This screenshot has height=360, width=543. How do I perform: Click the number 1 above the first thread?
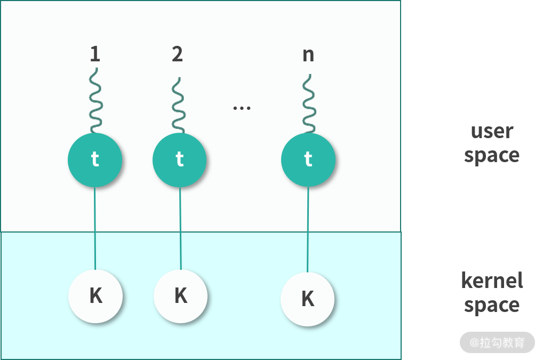tap(95, 54)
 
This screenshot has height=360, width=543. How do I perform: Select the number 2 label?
tap(177, 54)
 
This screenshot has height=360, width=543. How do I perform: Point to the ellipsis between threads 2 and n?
tap(242, 108)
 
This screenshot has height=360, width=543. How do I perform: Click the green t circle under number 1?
tap(95, 159)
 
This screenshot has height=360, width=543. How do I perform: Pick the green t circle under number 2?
tap(180, 159)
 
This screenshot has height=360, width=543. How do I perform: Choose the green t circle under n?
tap(308, 159)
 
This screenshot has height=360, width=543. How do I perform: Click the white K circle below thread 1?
tap(95, 295)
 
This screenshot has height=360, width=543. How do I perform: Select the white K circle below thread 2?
tap(181, 295)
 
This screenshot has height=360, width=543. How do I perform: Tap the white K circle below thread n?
tap(307, 299)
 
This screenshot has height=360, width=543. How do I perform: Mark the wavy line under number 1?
tap(95, 101)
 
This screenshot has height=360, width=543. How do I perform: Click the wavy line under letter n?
tap(308, 104)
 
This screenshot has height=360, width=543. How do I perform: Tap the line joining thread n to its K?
tap(308, 229)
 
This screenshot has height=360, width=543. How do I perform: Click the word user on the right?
tap(491, 131)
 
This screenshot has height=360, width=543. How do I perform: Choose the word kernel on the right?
tap(492, 281)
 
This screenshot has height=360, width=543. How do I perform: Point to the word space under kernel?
tap(491, 306)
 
